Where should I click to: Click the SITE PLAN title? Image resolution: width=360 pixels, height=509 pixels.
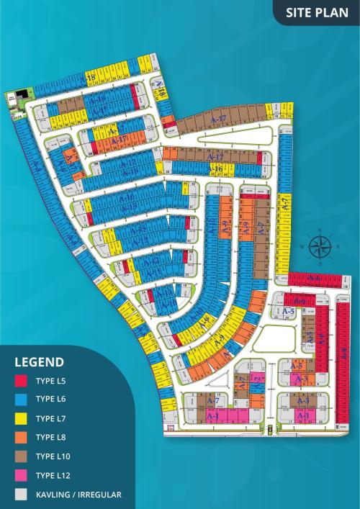coord(317,12)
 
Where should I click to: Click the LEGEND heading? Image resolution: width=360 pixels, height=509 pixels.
coord(40,362)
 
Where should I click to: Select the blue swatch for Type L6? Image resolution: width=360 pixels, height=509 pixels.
coord(22,398)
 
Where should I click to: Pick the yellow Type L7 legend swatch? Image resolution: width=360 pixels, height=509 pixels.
coord(22,418)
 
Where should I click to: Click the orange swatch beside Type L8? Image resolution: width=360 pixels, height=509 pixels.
coord(22,436)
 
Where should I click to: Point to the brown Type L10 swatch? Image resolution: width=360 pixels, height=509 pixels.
coord(22,456)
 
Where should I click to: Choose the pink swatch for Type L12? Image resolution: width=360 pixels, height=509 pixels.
coord(22,475)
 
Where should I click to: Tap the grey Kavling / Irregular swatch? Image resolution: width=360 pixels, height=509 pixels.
coord(22,495)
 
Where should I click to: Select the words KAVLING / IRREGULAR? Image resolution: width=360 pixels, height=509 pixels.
coord(78,495)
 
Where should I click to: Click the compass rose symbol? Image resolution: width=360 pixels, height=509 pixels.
coord(318,246)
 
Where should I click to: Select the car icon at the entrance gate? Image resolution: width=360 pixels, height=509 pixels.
coord(270,431)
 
